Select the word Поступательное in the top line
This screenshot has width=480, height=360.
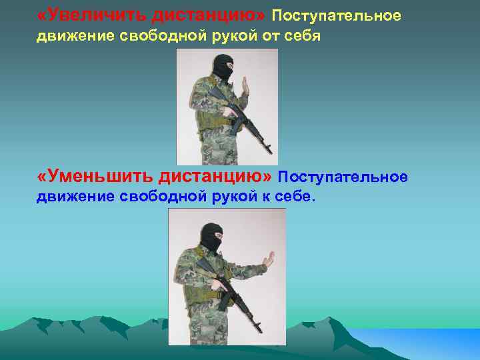[x=337, y=15]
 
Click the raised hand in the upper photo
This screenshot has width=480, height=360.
[x=245, y=87]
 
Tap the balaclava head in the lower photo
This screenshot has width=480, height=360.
[x=212, y=237]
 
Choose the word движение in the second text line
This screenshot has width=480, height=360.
[x=67, y=37]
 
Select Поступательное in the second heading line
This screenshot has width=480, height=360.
[x=343, y=177]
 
